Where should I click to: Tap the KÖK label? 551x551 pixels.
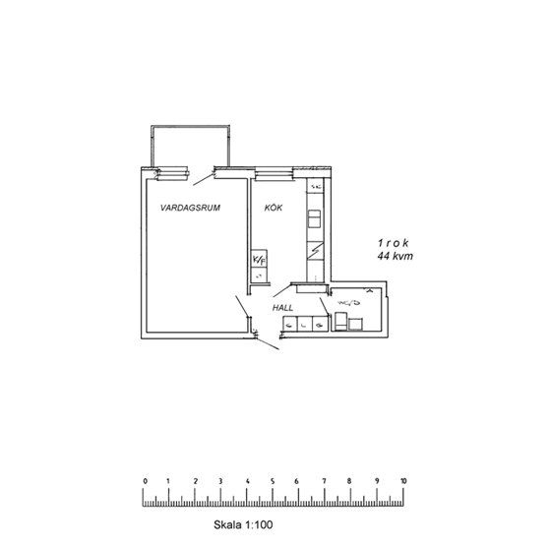tap(274, 209)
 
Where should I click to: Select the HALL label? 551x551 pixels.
tap(283, 308)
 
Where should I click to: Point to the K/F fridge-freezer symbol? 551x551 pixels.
tap(260, 260)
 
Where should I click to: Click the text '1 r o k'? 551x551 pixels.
tap(394, 242)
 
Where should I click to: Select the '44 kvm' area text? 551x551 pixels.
tap(394, 256)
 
